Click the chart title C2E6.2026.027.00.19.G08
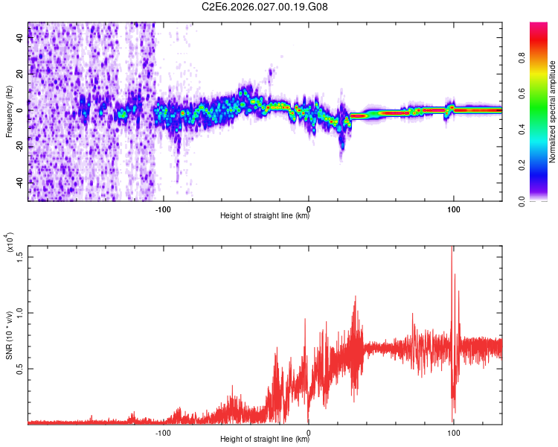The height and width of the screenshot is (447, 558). coord(265,7)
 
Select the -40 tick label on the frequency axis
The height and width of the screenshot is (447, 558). coord(19,182)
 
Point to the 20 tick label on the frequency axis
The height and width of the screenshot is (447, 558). coord(19,74)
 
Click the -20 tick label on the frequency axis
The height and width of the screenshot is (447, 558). coord(19,146)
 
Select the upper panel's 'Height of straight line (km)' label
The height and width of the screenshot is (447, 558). coord(265,216)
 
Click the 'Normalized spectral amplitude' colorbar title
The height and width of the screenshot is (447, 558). coord(553,112)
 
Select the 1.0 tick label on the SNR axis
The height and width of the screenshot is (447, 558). coord(19,313)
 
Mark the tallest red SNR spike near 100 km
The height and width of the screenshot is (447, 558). coord(452,250)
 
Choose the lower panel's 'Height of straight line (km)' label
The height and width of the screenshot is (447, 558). coord(265,440)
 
